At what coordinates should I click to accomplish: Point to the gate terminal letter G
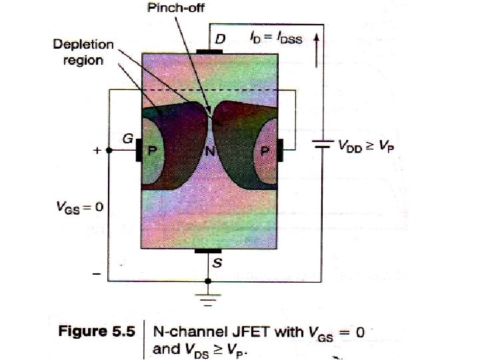[x=125, y=139]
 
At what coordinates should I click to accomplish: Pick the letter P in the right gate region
[x=265, y=151]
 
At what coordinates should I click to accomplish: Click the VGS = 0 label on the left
[x=79, y=207]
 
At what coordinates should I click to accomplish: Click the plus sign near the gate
[x=97, y=151]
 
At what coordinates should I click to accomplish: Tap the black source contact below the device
[x=209, y=251]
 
